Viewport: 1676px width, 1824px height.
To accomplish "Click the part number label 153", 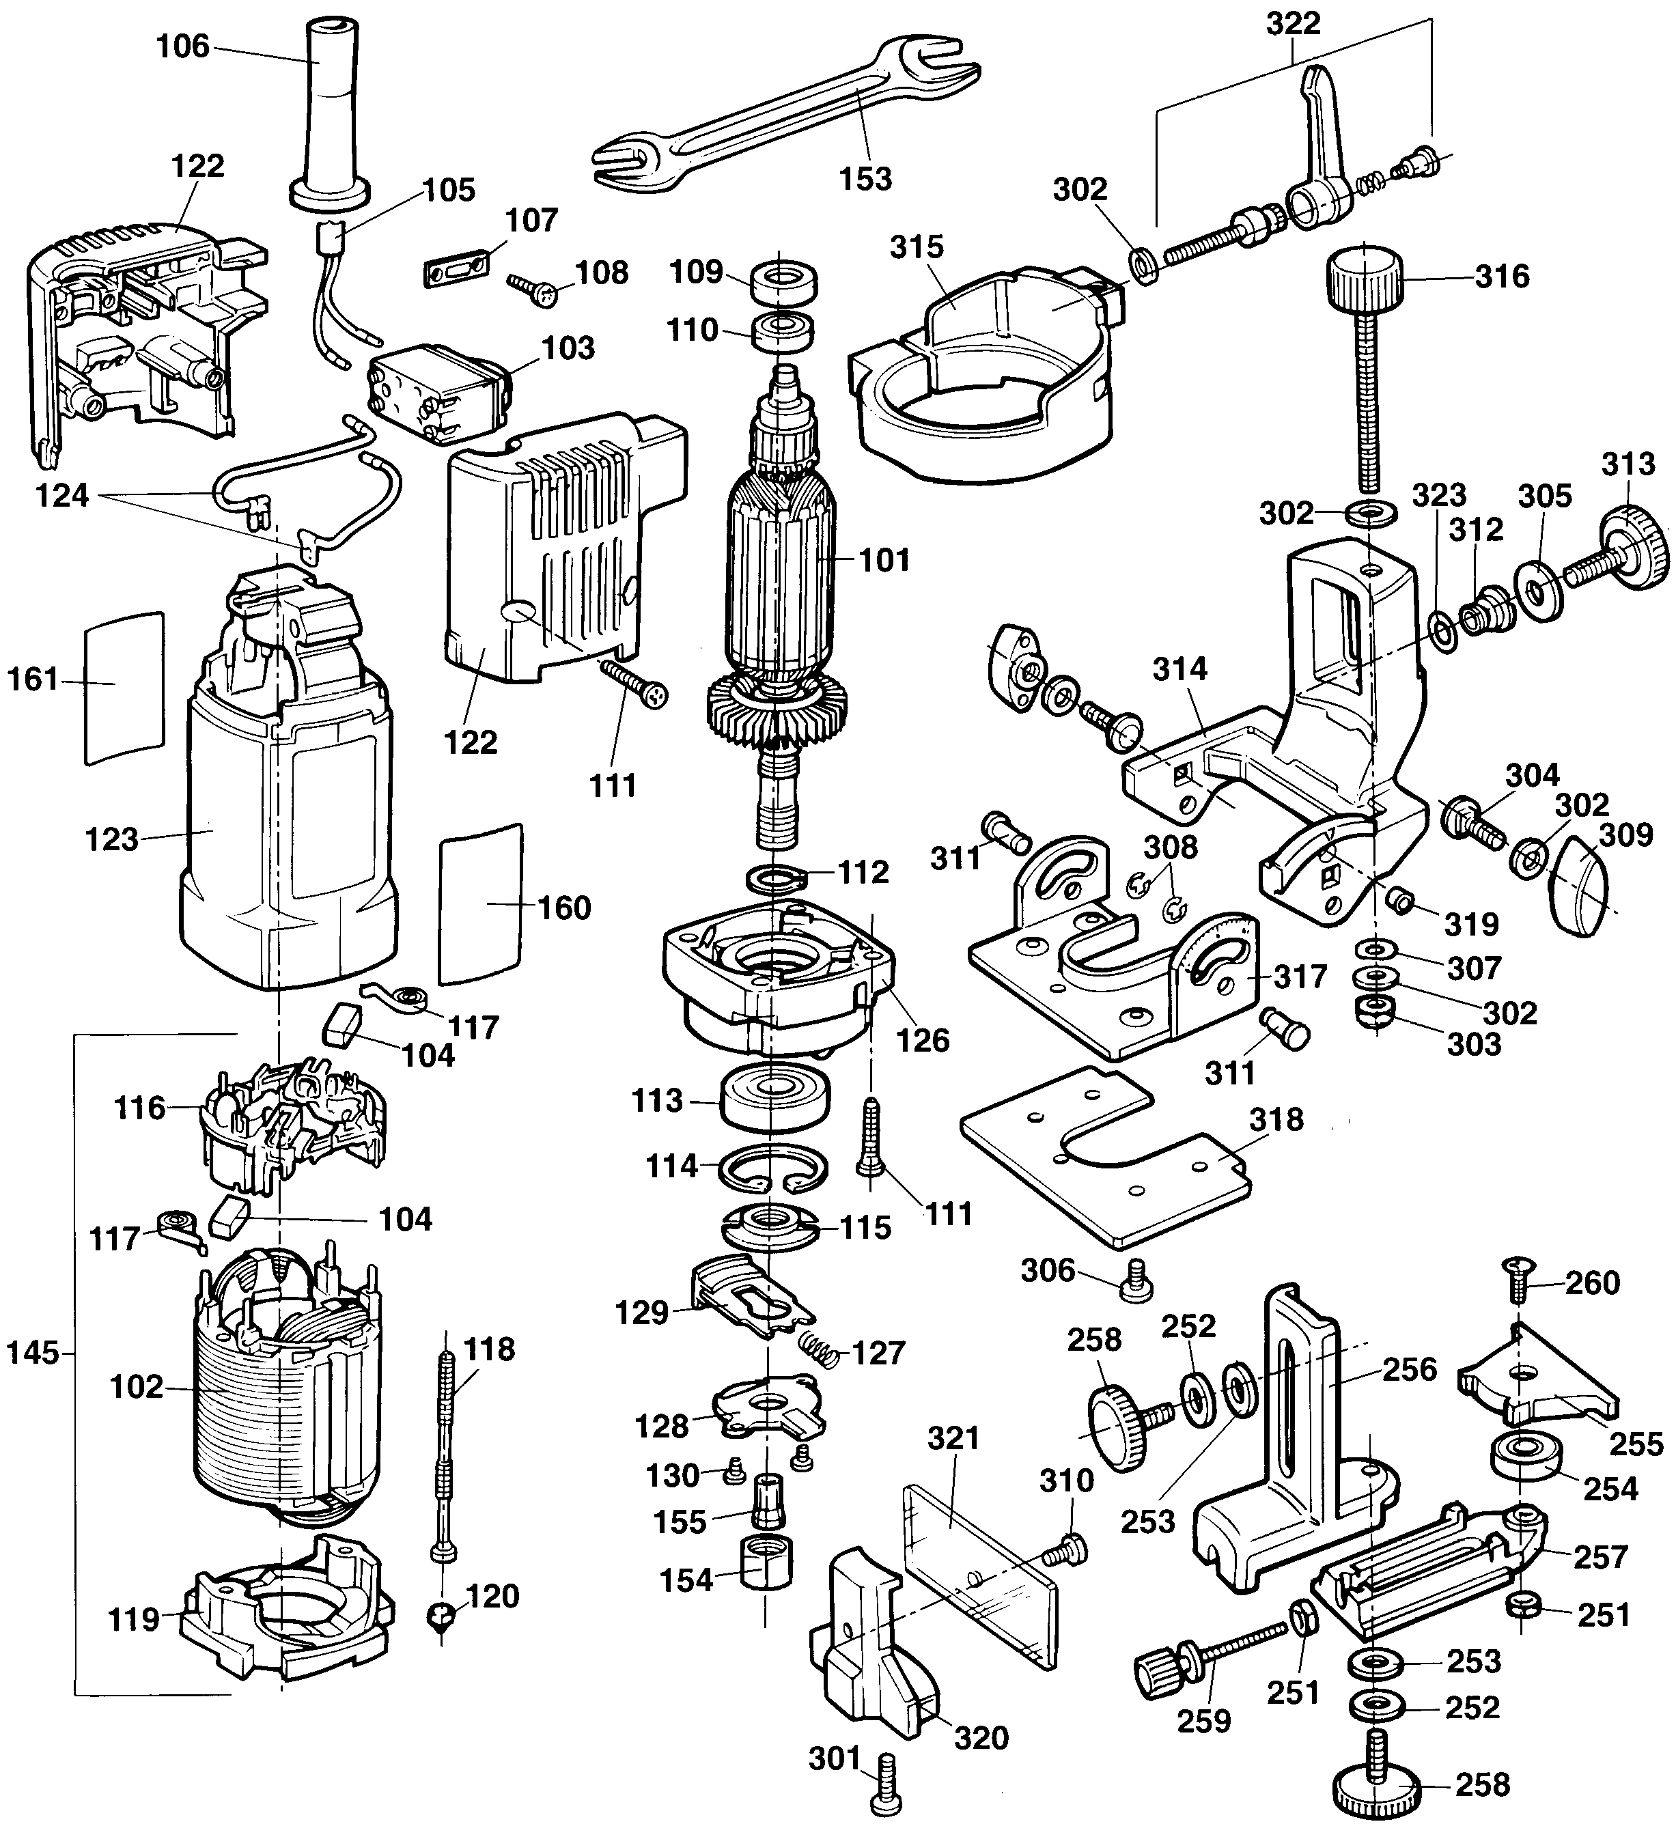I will tap(865, 179).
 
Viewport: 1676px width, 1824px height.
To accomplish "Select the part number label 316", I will tap(1502, 276).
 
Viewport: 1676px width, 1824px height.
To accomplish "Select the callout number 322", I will tap(1294, 25).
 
